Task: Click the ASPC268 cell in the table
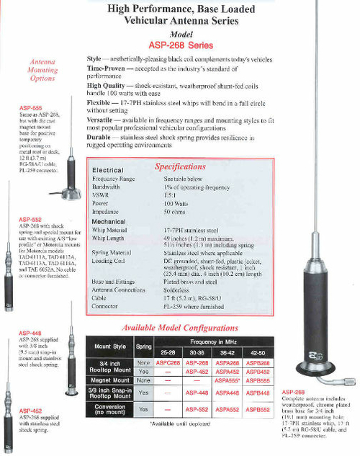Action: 168,364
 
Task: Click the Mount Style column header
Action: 109,347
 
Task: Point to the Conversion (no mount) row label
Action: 109,408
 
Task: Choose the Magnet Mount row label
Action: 109,381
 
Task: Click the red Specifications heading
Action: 181,166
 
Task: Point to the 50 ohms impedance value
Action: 176,213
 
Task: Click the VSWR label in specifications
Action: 102,195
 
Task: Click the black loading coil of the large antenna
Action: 315,280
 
